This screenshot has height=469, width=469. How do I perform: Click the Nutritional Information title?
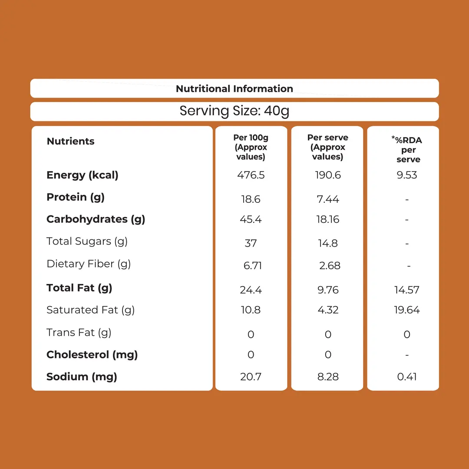[x=234, y=89]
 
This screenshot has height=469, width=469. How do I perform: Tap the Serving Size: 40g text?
[x=234, y=111]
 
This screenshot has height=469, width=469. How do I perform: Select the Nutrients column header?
[x=71, y=141]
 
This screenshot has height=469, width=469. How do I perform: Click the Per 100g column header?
[x=251, y=147]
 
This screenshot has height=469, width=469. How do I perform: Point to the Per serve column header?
[x=327, y=147]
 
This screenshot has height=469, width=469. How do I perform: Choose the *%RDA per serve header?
[x=407, y=149]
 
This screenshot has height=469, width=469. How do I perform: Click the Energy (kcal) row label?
[x=83, y=175]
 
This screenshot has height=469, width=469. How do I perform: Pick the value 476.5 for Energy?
[x=251, y=175]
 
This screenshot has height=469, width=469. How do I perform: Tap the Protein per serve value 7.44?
[x=328, y=199]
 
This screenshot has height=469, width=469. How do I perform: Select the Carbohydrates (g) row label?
[x=96, y=219]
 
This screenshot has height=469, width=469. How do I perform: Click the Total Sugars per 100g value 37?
[x=251, y=243]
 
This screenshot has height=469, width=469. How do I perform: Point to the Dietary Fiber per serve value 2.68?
[x=330, y=266]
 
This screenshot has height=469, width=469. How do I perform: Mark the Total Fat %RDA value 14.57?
[x=407, y=290]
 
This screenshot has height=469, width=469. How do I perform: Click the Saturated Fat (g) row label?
[x=91, y=310]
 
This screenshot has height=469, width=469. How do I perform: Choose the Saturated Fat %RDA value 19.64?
[x=407, y=310]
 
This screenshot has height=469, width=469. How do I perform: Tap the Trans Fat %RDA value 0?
[x=407, y=334]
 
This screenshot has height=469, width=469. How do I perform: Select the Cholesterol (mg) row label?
[x=92, y=355]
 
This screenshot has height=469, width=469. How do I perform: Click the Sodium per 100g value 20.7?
[x=251, y=377]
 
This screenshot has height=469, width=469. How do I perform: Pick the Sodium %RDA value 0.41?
[x=407, y=377]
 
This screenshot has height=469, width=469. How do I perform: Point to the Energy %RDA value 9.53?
[x=407, y=175]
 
